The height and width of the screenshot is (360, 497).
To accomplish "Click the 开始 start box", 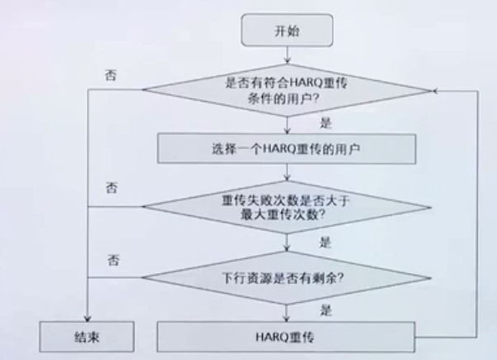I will (x=285, y=31).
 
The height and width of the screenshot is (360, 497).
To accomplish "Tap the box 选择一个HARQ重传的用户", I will (x=285, y=150).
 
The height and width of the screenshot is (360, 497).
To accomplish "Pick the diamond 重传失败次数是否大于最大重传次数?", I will (x=285, y=207).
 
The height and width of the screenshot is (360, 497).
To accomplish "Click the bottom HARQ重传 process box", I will (x=285, y=338).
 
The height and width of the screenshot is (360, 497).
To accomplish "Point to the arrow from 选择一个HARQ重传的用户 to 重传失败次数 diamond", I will (x=285, y=172).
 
